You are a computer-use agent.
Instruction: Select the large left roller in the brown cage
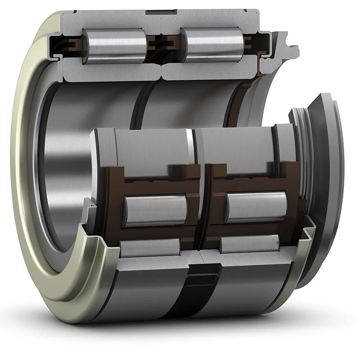(155, 209)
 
